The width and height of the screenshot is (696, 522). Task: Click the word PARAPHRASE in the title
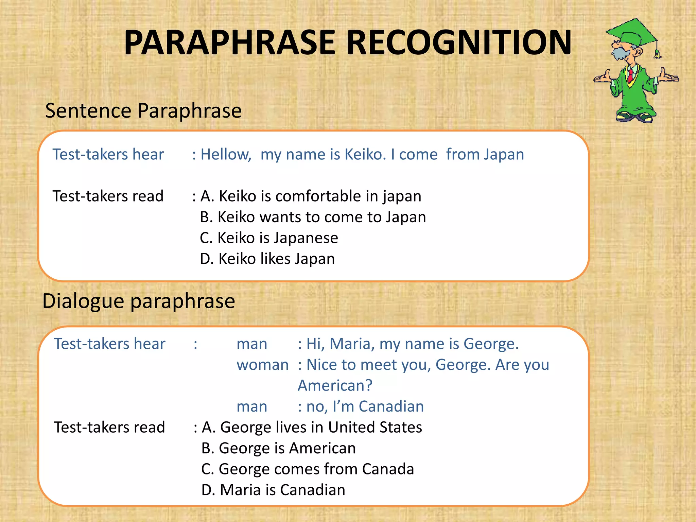(230, 43)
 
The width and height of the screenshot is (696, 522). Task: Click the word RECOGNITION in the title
(459, 43)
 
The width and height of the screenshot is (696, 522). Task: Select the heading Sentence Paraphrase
(143, 111)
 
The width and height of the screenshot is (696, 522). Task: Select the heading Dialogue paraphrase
(139, 301)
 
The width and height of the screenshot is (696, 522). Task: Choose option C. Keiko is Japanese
(269, 238)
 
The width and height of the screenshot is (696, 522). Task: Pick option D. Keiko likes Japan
(267, 259)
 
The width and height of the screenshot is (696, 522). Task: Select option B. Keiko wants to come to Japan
(313, 217)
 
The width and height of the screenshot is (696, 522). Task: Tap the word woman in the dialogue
(262, 365)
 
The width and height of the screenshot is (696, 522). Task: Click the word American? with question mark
(335, 386)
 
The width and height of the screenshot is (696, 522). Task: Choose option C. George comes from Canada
(308, 469)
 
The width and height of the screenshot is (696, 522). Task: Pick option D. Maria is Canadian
(273, 490)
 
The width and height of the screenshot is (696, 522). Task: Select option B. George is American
(278, 448)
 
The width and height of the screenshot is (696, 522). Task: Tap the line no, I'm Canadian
(365, 407)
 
